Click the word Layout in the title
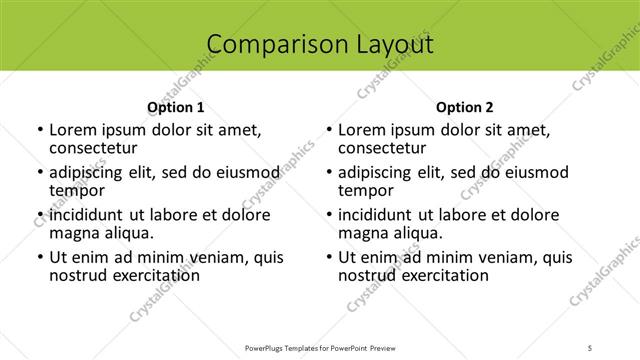tap(393, 44)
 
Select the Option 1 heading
tap(176, 106)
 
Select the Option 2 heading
tap(465, 106)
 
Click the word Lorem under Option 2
tap(361, 130)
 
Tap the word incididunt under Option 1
tap(88, 215)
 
